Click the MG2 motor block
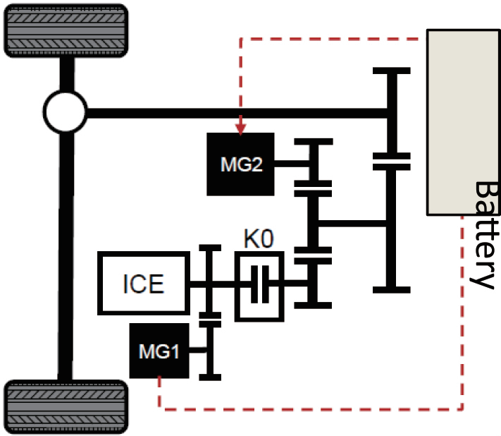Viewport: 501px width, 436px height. click(x=240, y=164)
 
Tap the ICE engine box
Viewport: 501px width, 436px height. click(x=144, y=283)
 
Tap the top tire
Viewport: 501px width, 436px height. click(x=67, y=30)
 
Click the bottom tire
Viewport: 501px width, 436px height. click(x=67, y=406)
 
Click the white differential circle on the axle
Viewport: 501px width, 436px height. click(x=65, y=111)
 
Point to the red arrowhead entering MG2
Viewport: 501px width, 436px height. click(x=241, y=128)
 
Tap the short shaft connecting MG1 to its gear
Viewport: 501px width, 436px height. click(x=200, y=350)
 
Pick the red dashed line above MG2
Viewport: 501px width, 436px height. click(x=331, y=38)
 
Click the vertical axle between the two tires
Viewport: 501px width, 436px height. click(x=66, y=247)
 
